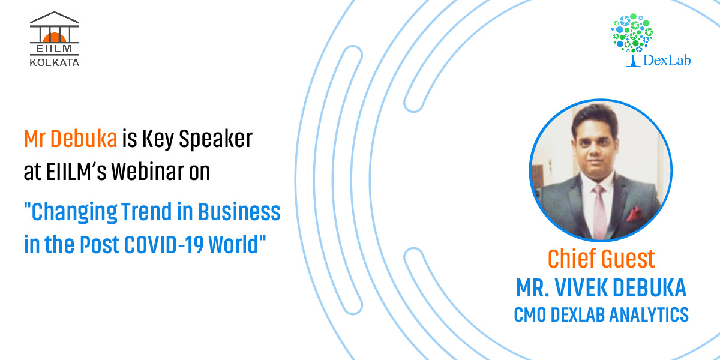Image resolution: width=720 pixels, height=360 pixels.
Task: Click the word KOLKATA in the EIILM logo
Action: pos(55,62)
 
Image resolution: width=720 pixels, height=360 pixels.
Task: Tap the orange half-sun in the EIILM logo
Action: pos(55,37)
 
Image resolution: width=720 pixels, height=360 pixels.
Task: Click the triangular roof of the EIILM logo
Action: pos(55,17)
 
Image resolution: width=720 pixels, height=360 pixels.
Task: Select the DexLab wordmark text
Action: pos(667,60)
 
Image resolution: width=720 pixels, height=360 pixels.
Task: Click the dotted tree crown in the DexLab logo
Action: pos(632,32)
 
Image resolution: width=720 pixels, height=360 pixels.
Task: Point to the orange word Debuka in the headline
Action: pos(83,139)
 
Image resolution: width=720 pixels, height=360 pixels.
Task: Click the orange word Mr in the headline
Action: pos(34,139)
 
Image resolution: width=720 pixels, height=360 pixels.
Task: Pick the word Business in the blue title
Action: pos(239,211)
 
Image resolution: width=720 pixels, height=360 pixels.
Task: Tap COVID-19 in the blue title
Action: pos(164,245)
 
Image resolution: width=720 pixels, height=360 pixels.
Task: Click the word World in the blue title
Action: pos(233,245)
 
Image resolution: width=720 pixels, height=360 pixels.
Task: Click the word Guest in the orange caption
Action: pos(628,259)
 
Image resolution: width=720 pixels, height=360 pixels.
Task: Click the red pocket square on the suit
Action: pos(634,214)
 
